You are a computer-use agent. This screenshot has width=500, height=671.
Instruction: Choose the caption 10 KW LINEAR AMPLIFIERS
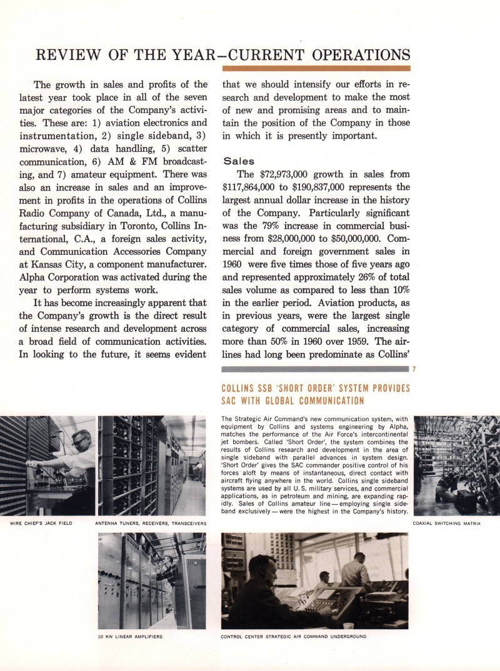pyautogui.click(x=131, y=637)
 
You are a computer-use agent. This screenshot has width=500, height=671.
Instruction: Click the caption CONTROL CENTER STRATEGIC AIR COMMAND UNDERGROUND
pyautogui.click(x=294, y=637)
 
